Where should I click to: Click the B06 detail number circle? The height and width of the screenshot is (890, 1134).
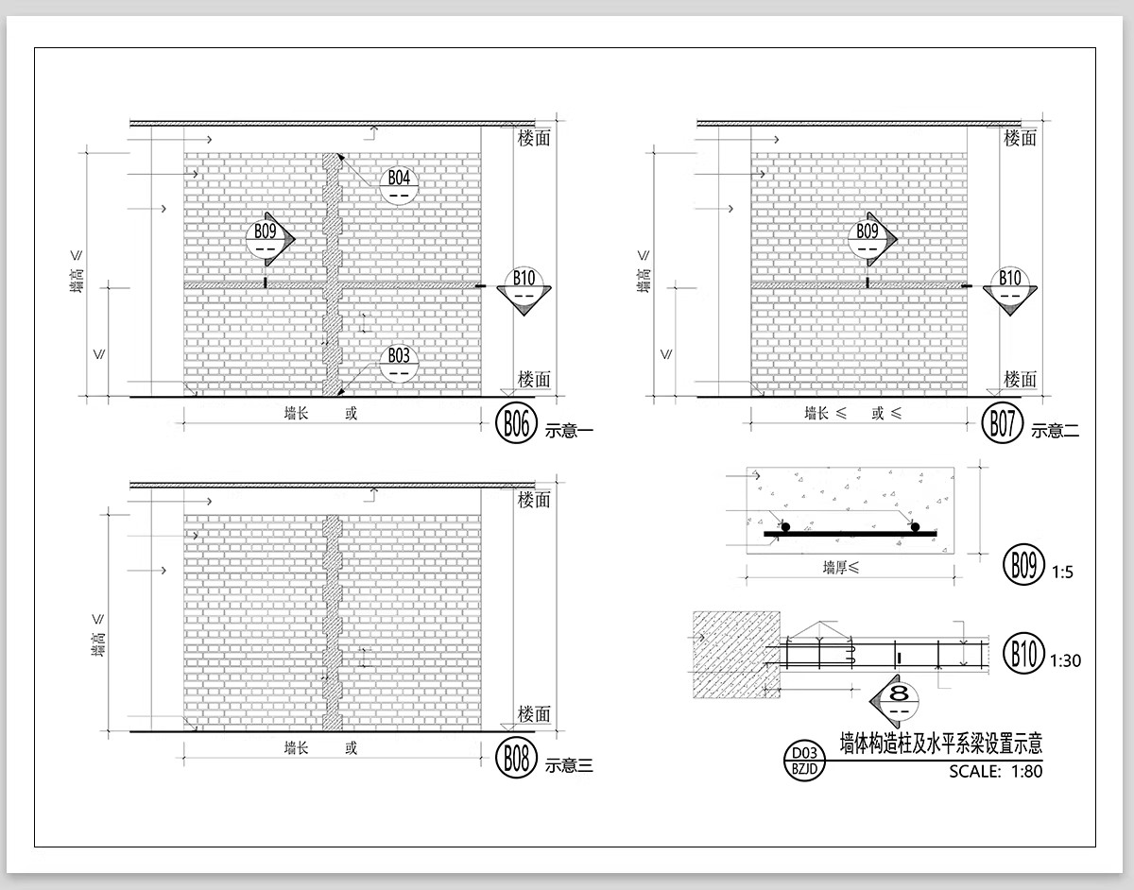[x=516, y=423]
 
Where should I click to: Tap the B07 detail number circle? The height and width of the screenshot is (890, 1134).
[x=1002, y=423]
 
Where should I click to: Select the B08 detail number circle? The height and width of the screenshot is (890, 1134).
[x=516, y=758]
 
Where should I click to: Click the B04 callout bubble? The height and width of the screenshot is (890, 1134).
[x=399, y=186]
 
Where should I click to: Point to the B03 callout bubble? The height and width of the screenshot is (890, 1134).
[x=399, y=364]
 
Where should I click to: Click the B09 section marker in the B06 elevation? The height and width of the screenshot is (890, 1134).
[x=270, y=239]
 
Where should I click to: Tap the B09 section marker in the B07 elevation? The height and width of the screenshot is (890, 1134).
[x=872, y=239]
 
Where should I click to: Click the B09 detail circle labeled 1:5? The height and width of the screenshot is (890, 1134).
[x=1023, y=564]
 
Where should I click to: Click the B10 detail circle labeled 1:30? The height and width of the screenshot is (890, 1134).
[x=1023, y=653]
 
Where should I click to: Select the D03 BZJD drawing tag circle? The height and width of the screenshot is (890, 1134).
[x=804, y=762]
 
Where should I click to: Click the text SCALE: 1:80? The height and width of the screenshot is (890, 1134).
[x=995, y=771]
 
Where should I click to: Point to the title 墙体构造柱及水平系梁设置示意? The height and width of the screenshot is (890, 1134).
[x=941, y=743]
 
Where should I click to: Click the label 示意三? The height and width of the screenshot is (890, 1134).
[x=569, y=766]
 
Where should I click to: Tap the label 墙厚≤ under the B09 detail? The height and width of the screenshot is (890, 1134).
[x=841, y=567]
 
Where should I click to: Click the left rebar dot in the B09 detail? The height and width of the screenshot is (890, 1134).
[x=785, y=527]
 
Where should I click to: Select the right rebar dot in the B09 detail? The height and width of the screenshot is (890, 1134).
[x=915, y=527]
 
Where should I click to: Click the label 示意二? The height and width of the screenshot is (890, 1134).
[x=1056, y=431]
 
